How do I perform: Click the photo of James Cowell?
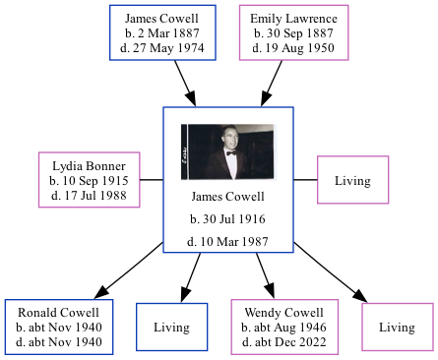point(227,150)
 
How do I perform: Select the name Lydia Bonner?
point(89,166)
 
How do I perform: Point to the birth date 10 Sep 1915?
point(89,181)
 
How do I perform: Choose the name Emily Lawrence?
point(293,19)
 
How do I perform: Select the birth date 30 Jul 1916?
point(227,218)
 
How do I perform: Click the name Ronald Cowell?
point(59,313)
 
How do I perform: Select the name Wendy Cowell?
point(284,313)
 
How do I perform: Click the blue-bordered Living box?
point(171,327)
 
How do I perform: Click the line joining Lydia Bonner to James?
point(151,180)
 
